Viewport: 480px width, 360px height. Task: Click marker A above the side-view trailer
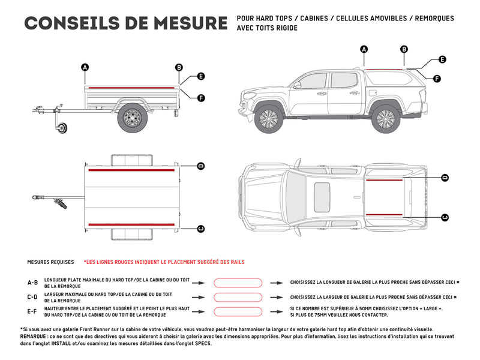click(x=85, y=67)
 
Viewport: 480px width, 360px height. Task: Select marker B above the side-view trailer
click(x=179, y=67)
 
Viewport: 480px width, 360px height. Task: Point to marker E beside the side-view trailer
click(x=201, y=76)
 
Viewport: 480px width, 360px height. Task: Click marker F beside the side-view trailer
click(x=201, y=98)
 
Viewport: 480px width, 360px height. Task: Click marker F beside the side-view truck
click(x=437, y=79)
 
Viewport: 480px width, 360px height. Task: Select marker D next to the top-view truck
click(x=445, y=178)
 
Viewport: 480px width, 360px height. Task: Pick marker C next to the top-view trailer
click(x=200, y=228)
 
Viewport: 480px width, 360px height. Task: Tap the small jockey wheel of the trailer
click(x=62, y=128)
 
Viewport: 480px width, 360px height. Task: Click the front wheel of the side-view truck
click(x=269, y=118)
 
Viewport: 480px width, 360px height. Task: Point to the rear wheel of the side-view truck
click(x=385, y=118)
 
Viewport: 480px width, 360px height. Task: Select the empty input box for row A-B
click(x=238, y=282)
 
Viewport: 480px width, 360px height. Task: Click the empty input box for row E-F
click(x=238, y=311)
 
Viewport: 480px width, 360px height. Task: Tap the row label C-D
click(x=32, y=297)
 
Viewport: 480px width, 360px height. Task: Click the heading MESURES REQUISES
click(x=50, y=262)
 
